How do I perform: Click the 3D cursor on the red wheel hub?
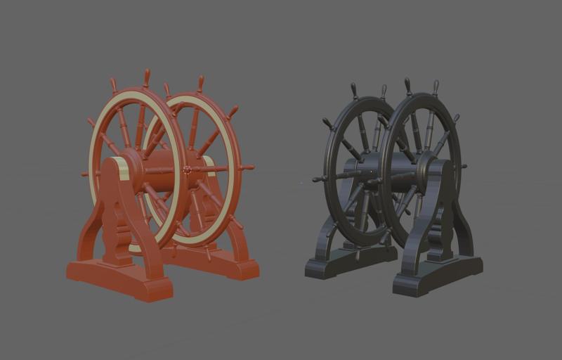pos(187,169)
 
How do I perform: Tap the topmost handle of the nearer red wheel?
pos(146,77)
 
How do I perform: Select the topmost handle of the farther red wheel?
pos(200,82)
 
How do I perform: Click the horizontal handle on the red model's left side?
pos(86,173)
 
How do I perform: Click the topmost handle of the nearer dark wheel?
pos(407,86)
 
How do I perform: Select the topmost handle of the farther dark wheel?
pos(354,90)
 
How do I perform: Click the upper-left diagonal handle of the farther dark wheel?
pos(327,123)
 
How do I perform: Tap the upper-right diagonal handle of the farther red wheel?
pos(232,111)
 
